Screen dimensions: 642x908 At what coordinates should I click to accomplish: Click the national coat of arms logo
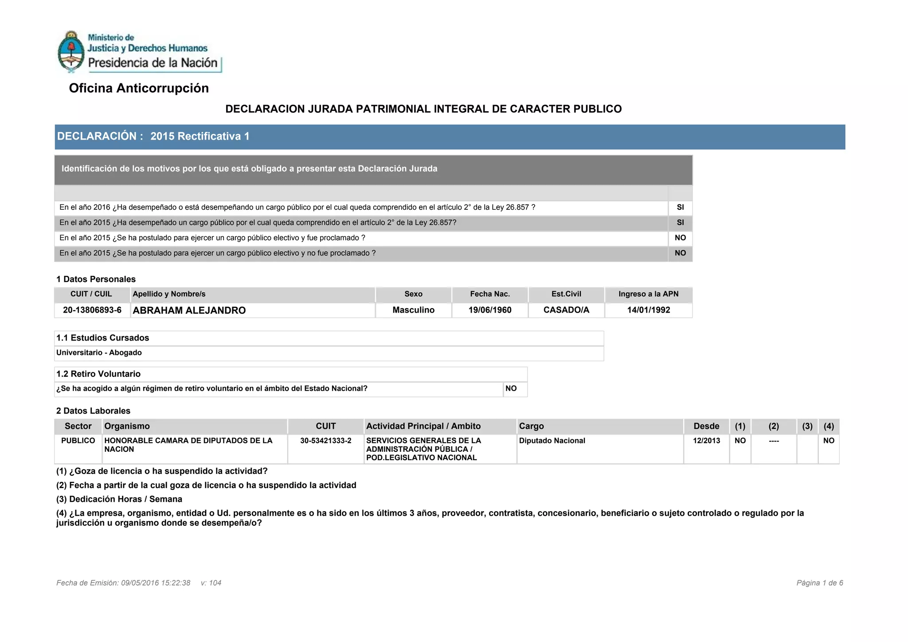(x=71, y=51)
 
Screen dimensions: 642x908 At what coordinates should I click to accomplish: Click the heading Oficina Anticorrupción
(x=139, y=88)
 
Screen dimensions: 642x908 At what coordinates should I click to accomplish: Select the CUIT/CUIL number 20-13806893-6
(x=92, y=310)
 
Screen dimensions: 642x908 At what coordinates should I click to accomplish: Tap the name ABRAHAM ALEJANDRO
(x=189, y=310)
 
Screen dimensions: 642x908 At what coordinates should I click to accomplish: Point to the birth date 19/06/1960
(x=490, y=310)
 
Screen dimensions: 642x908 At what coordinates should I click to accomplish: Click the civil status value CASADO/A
(x=566, y=310)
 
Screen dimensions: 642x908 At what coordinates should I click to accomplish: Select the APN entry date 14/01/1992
(x=648, y=310)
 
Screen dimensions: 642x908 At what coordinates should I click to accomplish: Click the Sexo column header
(x=413, y=294)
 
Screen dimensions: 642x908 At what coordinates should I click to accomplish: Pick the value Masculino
(x=413, y=310)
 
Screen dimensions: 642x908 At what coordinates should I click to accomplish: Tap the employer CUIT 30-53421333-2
(x=325, y=441)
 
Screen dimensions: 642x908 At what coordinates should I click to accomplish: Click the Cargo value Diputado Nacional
(x=552, y=441)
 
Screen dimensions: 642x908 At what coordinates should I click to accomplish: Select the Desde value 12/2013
(x=706, y=441)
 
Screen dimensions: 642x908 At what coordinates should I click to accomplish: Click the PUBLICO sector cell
(x=78, y=441)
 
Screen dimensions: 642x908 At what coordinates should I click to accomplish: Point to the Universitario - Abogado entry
(x=99, y=353)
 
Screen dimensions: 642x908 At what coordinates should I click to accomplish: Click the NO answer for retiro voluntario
(x=511, y=389)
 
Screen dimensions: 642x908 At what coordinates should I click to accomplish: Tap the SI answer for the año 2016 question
(x=680, y=207)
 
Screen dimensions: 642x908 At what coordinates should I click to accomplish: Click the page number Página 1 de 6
(x=819, y=583)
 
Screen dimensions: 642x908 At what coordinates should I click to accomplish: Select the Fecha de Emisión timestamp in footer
(x=123, y=583)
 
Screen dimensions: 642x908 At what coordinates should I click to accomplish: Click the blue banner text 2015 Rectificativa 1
(x=200, y=137)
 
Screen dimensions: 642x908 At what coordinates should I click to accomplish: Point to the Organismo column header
(x=127, y=426)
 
